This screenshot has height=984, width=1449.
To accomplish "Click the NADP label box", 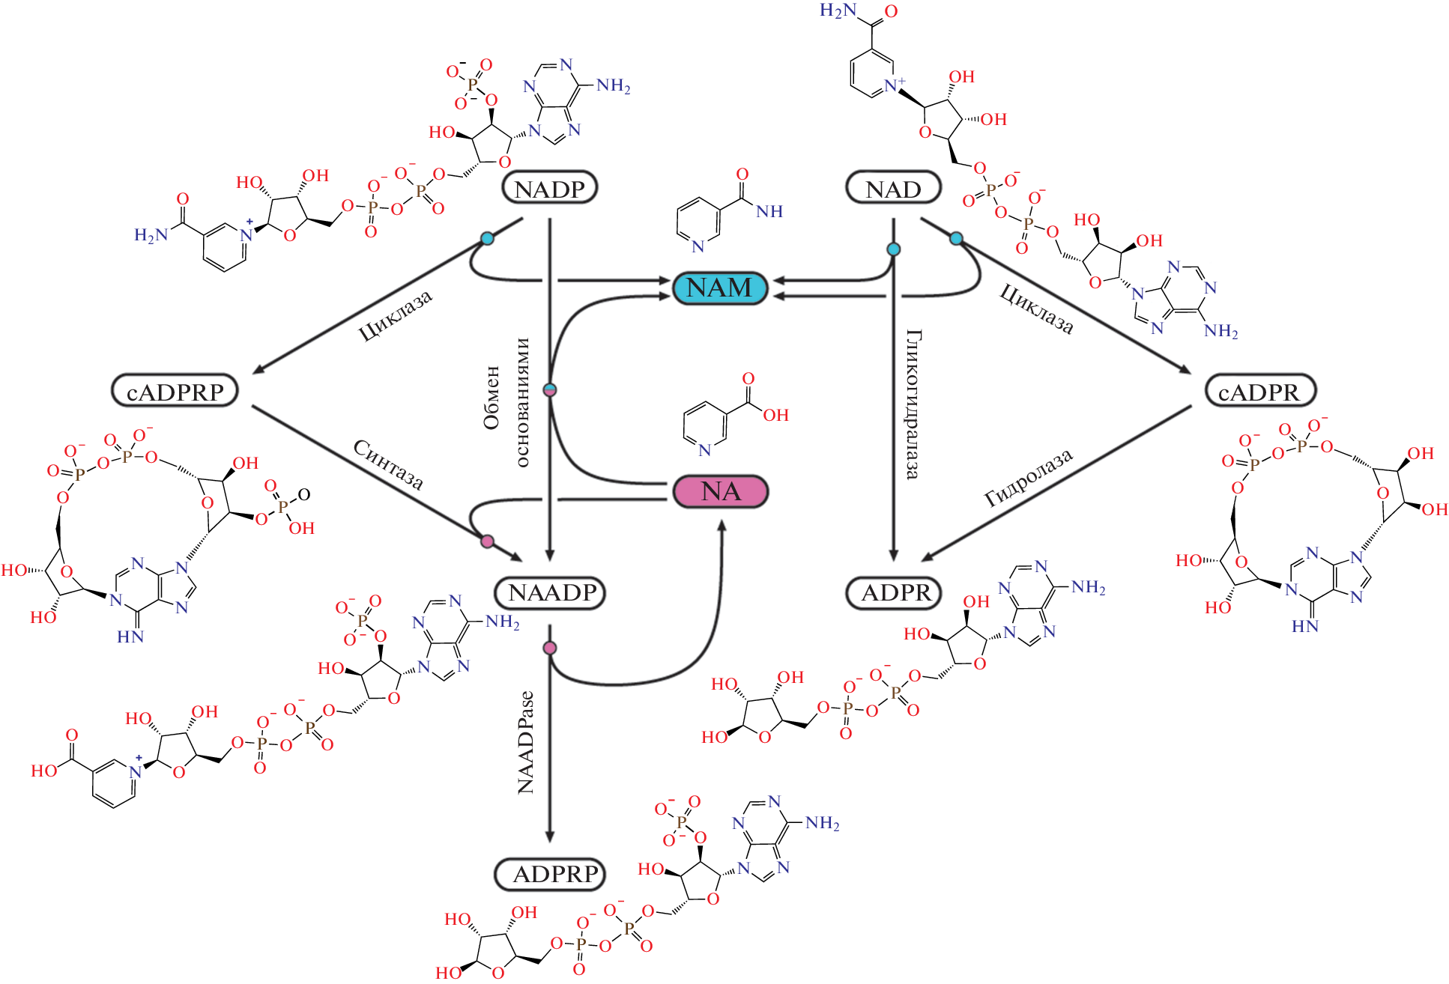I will (x=549, y=189).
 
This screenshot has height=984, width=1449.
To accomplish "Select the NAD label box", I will (x=893, y=189).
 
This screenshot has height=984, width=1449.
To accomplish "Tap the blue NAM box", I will (x=720, y=288).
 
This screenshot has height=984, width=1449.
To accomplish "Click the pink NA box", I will (x=721, y=491).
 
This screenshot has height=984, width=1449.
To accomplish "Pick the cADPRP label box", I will (x=175, y=392).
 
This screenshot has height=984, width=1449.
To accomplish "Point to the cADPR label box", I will (x=1259, y=392).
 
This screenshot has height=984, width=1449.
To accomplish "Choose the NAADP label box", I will (x=551, y=593).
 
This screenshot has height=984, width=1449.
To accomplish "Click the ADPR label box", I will (x=895, y=593).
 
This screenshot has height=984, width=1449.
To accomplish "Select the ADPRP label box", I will (x=551, y=874).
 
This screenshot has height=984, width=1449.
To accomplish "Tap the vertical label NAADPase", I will (x=526, y=742).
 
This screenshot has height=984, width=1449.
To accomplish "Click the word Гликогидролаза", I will (x=913, y=404).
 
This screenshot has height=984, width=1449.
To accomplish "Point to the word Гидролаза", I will (x=1029, y=478).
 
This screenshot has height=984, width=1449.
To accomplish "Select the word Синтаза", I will (x=388, y=464).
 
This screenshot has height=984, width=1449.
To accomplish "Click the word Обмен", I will (x=491, y=398).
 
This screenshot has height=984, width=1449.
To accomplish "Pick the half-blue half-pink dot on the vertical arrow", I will (x=550, y=390).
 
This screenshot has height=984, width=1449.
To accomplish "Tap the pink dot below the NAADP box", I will (x=550, y=648).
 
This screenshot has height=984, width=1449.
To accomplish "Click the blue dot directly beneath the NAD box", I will (x=893, y=249).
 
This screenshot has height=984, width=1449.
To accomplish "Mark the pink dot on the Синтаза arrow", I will (x=487, y=541).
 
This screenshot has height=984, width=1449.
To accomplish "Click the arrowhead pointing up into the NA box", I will (x=722, y=525).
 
